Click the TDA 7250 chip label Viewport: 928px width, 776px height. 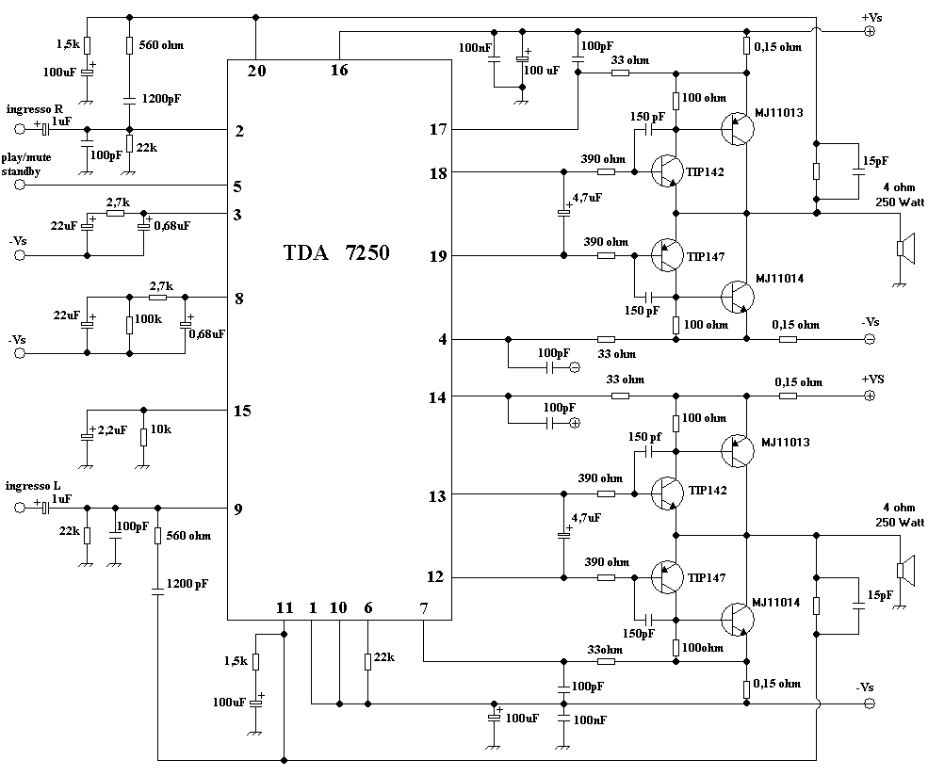tap(336, 253)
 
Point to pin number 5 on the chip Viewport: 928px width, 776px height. tap(238, 186)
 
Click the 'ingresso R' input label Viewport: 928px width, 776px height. tap(35, 109)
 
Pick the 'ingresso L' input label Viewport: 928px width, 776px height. tap(34, 486)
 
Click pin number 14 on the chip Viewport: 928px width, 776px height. tap(437, 396)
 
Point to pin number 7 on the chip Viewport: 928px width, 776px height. tap(424, 608)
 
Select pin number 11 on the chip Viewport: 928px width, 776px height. tap(284, 608)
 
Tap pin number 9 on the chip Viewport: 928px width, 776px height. tap(238, 509)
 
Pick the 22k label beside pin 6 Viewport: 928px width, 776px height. tap(383, 656)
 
